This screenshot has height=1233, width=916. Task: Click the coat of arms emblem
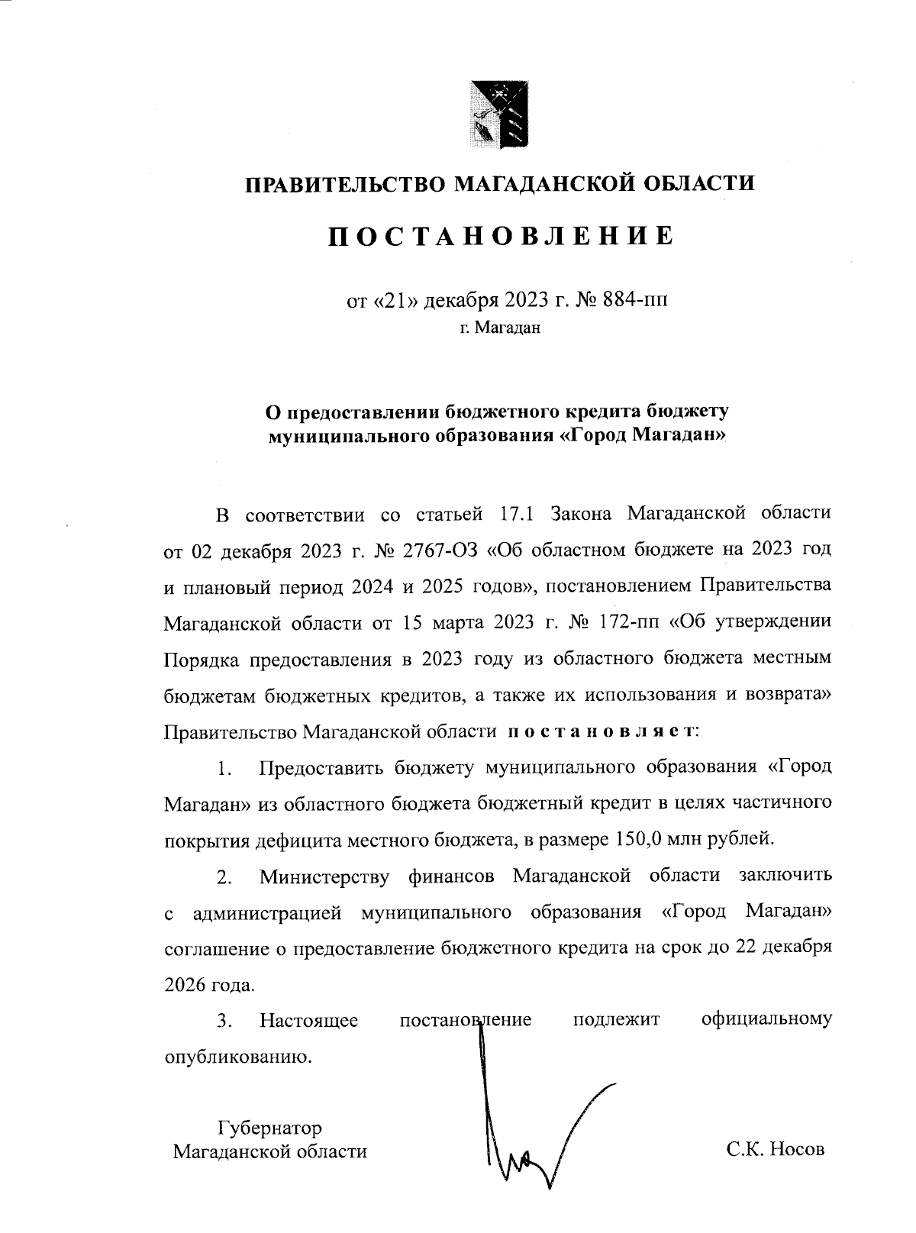click(499, 113)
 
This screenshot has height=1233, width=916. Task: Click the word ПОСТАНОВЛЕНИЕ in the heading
click(501, 235)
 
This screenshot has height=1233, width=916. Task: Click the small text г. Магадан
click(500, 329)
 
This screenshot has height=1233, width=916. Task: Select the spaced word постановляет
click(601, 731)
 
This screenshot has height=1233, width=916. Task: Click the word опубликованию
click(239, 1057)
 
